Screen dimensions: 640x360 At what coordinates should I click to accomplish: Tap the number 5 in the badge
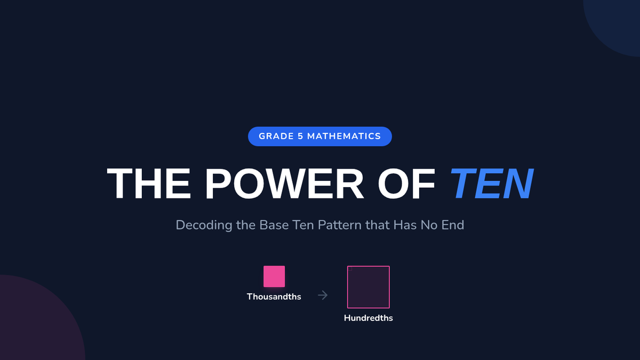300,137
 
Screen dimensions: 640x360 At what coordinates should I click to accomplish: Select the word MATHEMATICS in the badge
344,137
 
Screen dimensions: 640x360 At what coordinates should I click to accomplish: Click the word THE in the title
149,183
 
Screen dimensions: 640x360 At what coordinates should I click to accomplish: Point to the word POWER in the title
284,183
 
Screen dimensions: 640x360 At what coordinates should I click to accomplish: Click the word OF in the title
406,183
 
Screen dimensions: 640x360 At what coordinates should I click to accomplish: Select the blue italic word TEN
491,183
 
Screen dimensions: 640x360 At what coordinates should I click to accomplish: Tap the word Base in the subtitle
274,225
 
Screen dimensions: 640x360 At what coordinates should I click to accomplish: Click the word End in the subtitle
453,225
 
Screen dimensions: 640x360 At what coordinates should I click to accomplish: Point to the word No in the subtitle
429,225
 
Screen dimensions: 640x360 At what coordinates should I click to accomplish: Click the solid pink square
274,276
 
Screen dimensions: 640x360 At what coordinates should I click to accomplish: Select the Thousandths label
274,297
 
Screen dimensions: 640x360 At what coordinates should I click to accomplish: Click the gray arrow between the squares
323,295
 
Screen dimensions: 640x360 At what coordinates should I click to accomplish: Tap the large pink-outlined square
369,267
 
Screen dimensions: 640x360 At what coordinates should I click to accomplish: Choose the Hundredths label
369,318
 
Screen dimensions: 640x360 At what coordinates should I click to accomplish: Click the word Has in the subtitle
405,225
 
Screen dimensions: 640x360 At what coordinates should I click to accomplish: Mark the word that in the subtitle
378,225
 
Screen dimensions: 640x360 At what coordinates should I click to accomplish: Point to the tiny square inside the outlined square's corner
350,269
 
